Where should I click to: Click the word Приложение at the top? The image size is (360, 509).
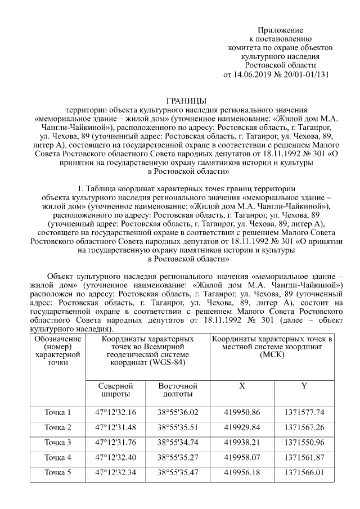(x=281, y=30)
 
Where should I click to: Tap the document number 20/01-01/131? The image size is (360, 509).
(x=305, y=74)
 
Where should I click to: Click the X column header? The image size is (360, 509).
(x=242, y=386)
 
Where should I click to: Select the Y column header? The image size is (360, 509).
(x=304, y=386)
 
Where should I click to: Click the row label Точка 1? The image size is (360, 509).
(x=58, y=413)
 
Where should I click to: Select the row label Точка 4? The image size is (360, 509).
(x=58, y=457)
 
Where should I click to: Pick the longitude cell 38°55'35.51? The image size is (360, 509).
(x=178, y=427)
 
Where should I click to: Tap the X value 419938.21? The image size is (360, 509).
(x=242, y=442)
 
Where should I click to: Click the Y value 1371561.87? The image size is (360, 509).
(x=304, y=457)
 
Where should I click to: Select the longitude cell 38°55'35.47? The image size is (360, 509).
(x=178, y=472)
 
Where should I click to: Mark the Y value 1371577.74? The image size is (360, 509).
(x=304, y=413)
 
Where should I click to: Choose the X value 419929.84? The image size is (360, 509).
(x=242, y=427)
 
